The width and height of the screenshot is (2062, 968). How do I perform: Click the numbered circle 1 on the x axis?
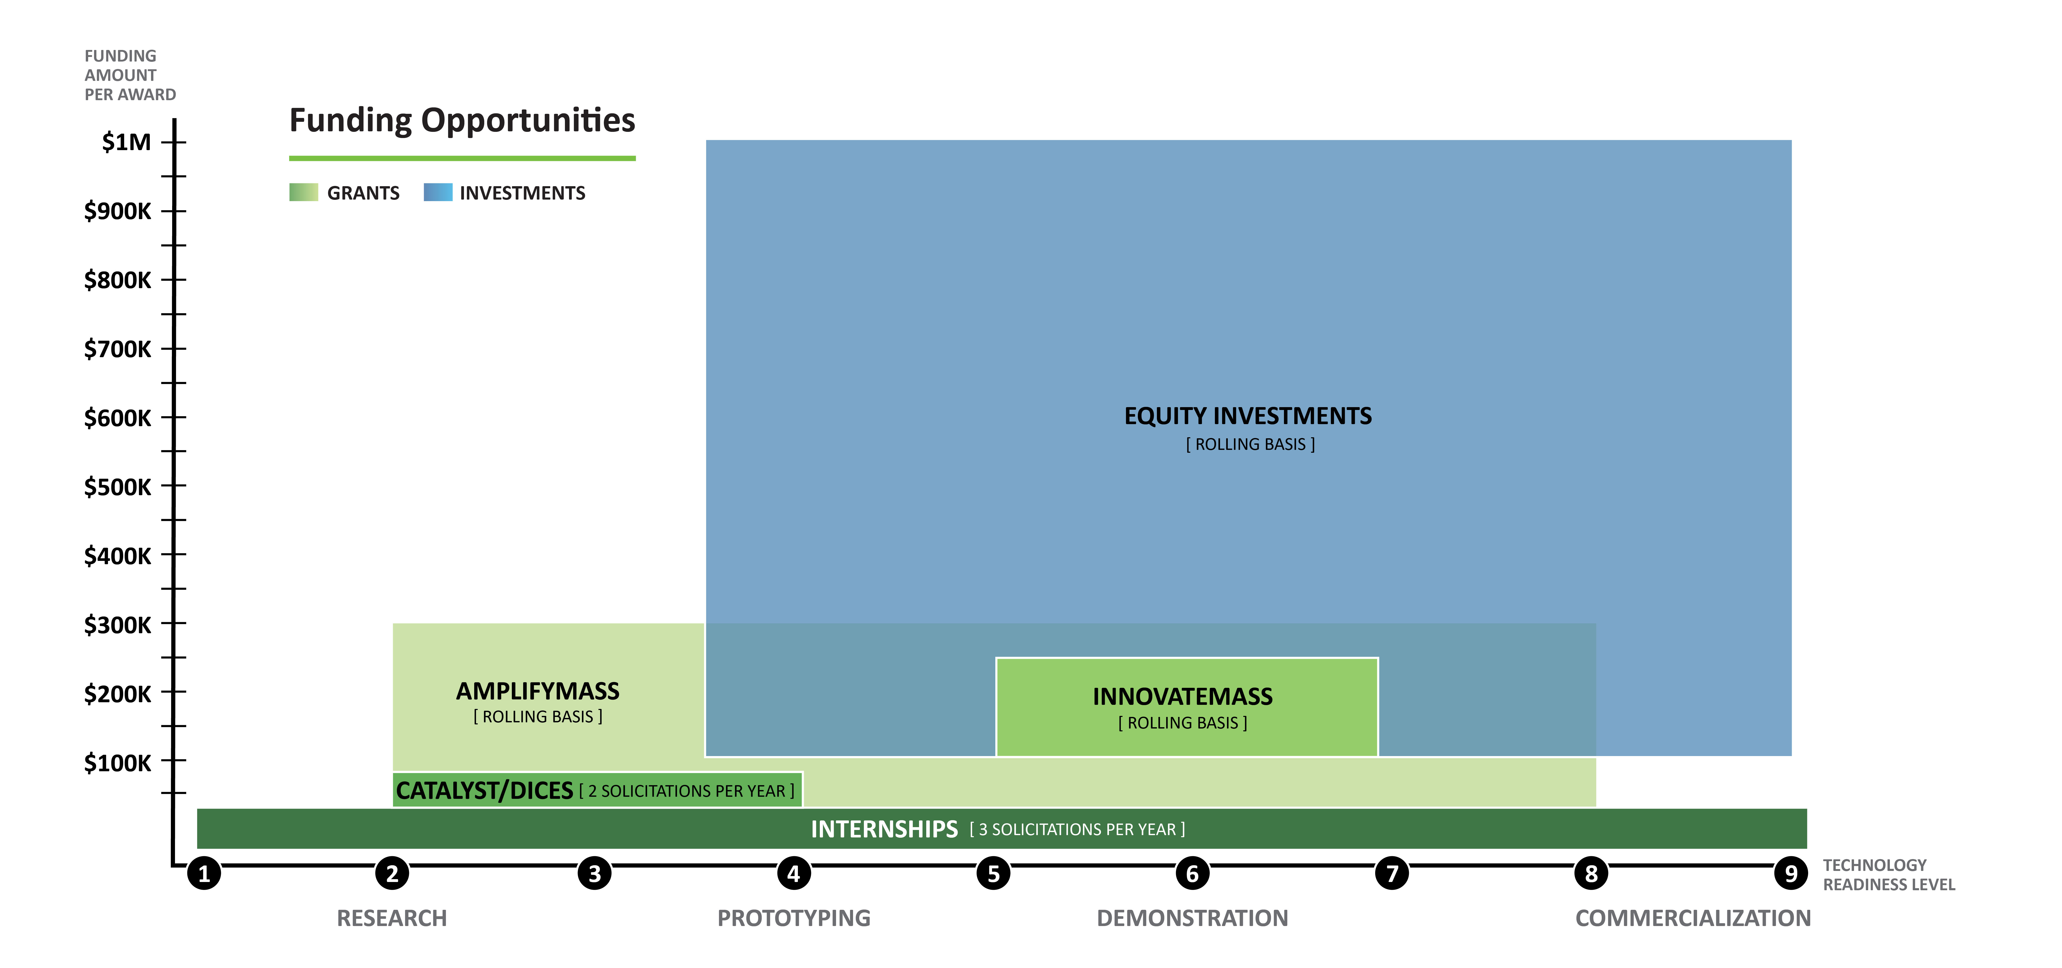(x=204, y=873)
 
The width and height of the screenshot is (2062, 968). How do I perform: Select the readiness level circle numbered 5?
(x=994, y=873)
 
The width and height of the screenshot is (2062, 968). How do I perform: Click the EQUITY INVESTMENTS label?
(x=1248, y=416)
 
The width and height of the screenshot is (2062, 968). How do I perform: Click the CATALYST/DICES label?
(x=484, y=790)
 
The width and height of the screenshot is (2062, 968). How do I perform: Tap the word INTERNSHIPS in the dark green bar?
(x=884, y=829)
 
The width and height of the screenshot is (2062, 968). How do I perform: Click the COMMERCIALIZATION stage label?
(x=1693, y=918)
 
